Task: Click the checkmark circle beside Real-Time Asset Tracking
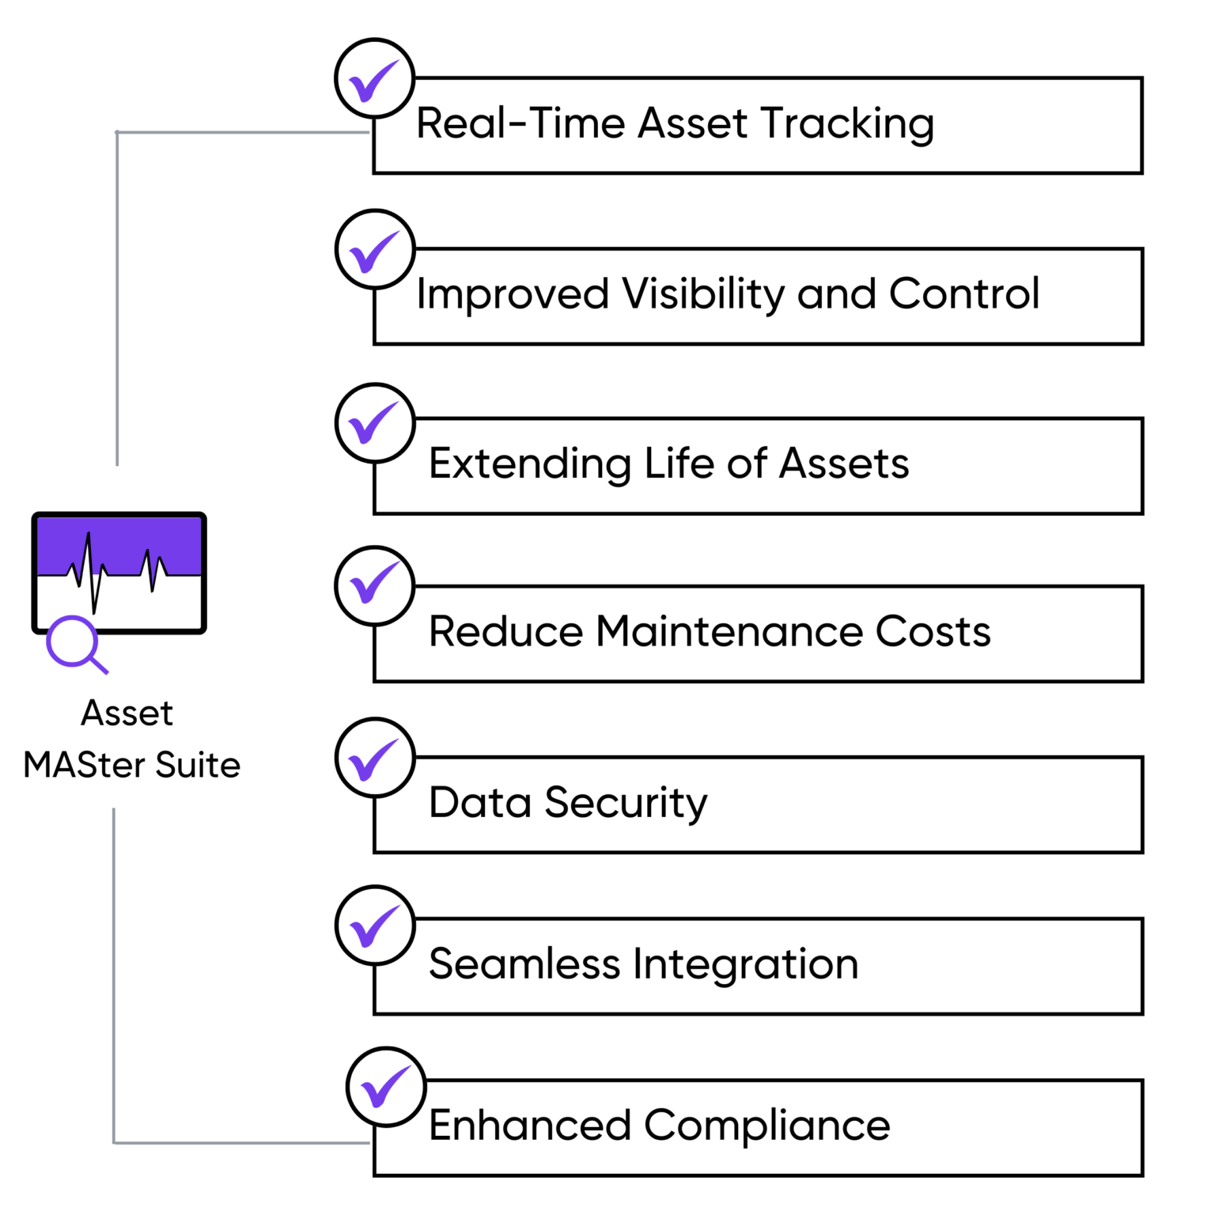pyautogui.click(x=374, y=78)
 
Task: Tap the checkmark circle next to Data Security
pyautogui.click(x=374, y=757)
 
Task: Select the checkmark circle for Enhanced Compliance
pyautogui.click(x=385, y=1087)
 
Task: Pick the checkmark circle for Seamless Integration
pyautogui.click(x=374, y=925)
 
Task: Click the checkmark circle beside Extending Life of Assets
pyautogui.click(x=374, y=422)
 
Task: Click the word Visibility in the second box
pyautogui.click(x=703, y=294)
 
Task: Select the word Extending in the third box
pyautogui.click(x=529, y=464)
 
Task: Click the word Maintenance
pyautogui.click(x=729, y=632)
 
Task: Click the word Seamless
pyautogui.click(x=524, y=964)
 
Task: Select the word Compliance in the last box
pyautogui.click(x=766, y=1126)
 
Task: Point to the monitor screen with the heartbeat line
pyautogui.click(x=119, y=571)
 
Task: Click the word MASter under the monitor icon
pyautogui.click(x=85, y=765)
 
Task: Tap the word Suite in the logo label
pyautogui.click(x=198, y=765)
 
